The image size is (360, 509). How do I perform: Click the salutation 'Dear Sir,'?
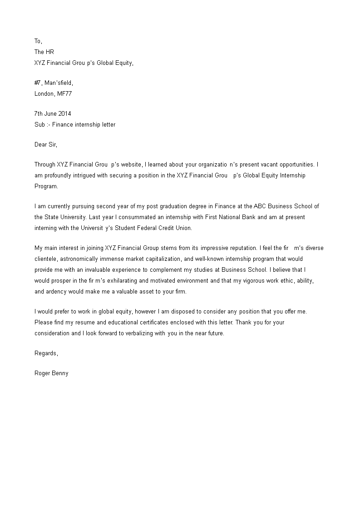click(46, 145)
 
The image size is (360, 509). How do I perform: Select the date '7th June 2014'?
click(53, 114)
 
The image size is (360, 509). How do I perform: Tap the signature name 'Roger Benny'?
click(51, 373)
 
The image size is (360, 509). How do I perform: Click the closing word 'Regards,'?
click(46, 353)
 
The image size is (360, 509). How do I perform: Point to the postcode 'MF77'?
click(64, 94)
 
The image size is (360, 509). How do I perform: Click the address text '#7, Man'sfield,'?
click(54, 83)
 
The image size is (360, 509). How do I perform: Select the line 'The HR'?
click(44, 52)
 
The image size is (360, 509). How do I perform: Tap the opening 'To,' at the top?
click(39, 41)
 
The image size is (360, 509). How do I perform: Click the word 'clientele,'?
click(47, 259)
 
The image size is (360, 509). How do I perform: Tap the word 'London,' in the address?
click(44, 94)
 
